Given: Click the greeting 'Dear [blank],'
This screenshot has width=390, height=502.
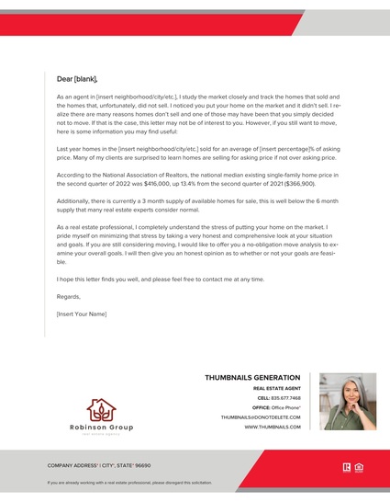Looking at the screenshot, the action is coord(77,79).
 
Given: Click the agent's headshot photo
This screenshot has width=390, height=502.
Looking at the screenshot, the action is coord(347,401).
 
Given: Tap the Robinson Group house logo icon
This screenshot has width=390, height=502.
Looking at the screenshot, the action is coord(101,410).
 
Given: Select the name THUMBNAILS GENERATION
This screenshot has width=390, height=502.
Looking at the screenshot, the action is coord(251,378).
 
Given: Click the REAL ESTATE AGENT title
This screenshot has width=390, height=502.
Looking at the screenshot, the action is coord(276,389).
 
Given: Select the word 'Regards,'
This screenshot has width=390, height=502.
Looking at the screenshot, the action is coord(68,297).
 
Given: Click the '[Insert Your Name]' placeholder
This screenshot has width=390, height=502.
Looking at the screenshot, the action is coord(82,314).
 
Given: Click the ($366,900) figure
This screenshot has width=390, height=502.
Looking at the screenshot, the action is coord(295,183).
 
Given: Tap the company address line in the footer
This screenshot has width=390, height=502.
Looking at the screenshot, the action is coord(99,465).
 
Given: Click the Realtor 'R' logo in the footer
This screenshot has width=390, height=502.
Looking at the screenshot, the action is coord(345,466).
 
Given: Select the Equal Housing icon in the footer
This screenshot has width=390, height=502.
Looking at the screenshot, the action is coord(359,466).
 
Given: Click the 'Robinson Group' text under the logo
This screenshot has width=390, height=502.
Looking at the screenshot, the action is coord(101,428).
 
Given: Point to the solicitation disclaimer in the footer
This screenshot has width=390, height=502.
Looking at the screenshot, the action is coord(129,482).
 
